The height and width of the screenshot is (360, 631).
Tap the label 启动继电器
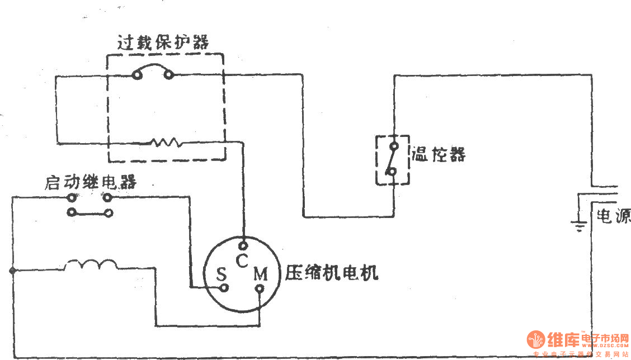[91, 183]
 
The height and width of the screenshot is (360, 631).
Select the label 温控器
[439, 154]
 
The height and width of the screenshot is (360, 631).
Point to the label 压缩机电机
[332, 273]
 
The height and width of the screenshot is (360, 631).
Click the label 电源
[613, 215]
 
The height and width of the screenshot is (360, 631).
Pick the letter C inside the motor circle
[241, 260]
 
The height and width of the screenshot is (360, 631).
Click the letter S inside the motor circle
[222, 274]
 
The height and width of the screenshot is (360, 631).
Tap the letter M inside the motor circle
[261, 274]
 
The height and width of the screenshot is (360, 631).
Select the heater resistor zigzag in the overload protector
[166, 143]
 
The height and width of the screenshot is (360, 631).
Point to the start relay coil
[91, 265]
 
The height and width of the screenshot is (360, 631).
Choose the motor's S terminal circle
[224, 288]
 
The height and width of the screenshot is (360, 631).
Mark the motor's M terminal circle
[260, 289]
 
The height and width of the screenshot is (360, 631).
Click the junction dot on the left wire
[12, 271]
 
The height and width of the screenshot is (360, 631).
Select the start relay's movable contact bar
[90, 212]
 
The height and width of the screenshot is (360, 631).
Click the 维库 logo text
[562, 340]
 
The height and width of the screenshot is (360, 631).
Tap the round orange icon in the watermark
[536, 339]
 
